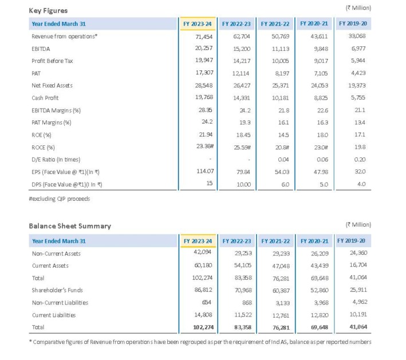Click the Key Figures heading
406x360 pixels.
[48, 11]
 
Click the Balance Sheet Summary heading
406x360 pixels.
[70, 226]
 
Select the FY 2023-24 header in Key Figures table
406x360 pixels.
[198, 24]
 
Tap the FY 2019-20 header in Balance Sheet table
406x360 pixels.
[351, 241]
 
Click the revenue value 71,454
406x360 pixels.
[204, 37]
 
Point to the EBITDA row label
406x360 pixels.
[41, 49]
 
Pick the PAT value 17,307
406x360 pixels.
[204, 73]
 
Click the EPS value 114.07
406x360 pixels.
[205, 171]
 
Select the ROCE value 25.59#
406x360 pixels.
[242, 147]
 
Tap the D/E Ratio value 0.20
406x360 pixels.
[360, 160]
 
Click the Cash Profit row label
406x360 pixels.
[45, 98]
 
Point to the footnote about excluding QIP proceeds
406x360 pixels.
[60, 199]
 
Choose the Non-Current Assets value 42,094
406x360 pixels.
[202, 252]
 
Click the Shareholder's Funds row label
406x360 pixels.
[57, 290]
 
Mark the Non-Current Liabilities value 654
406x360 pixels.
[207, 302]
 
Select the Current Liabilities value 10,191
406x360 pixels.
[358, 314]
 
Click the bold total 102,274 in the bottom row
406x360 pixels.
[203, 327]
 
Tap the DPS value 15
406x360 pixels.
[210, 183]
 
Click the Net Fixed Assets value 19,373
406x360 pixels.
[357, 85]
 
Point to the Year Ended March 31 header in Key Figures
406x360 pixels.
[58, 24]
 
